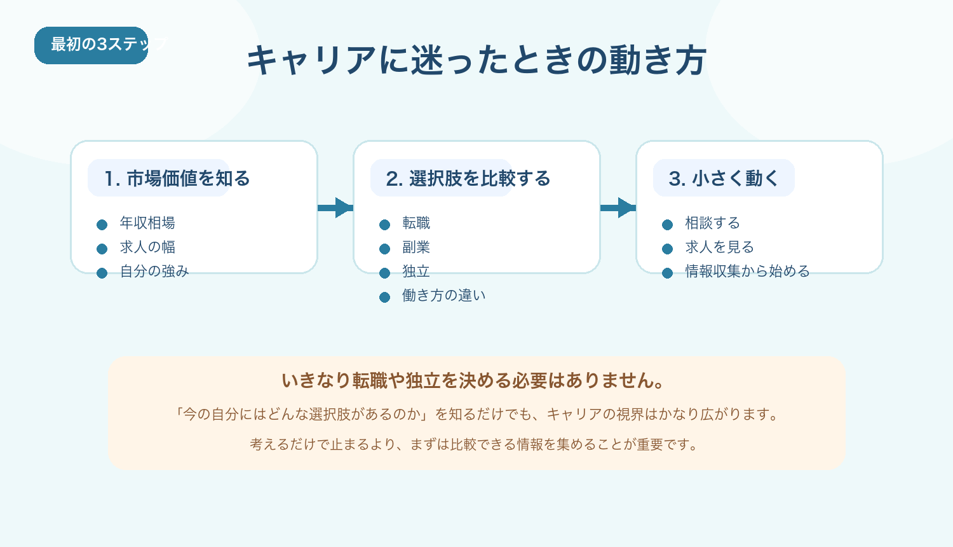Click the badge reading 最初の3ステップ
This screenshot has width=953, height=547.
tap(91, 45)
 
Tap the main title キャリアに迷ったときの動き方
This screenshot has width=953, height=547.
tap(476, 60)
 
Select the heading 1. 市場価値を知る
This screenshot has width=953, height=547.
tap(177, 179)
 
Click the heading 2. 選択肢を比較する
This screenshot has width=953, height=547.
tap(468, 179)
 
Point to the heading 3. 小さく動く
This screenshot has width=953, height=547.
tap(724, 179)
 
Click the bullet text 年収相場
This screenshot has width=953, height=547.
tap(147, 223)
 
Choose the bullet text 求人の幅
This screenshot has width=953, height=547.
tap(147, 247)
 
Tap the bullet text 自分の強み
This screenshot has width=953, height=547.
tap(154, 272)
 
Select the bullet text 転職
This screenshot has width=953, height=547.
tap(416, 223)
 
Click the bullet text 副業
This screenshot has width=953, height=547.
tap(416, 247)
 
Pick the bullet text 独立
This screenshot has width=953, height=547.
tap(416, 272)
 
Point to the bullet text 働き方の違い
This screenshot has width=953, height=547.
tap(443, 296)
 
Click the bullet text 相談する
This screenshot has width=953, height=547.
tap(712, 223)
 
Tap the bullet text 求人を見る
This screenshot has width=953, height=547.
tap(719, 247)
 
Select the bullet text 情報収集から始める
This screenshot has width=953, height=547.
tap(747, 272)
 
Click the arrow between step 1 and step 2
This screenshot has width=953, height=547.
tap(335, 207)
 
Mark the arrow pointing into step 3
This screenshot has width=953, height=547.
tap(618, 207)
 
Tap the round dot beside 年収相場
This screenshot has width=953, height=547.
tap(102, 225)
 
